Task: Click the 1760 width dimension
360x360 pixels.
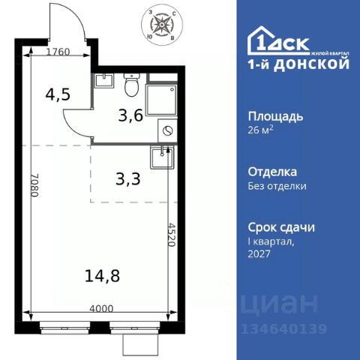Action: [57, 52]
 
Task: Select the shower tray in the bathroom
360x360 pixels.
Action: [161, 100]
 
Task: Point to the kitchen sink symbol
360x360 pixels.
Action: [160, 158]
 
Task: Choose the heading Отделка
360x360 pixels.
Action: [272, 172]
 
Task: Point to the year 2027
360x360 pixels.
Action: [259, 253]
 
